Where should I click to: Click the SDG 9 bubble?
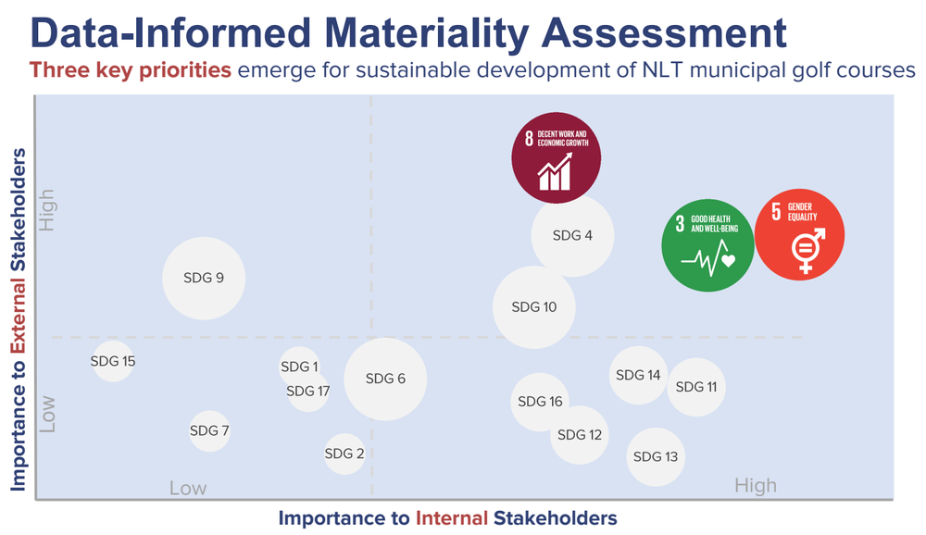[x=204, y=278]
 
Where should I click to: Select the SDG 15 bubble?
[x=113, y=361]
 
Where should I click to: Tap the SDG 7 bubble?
[x=209, y=430]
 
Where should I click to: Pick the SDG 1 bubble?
[x=300, y=367]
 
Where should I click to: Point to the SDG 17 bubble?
[x=308, y=392]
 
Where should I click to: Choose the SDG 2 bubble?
[x=344, y=454]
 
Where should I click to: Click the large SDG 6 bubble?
[x=386, y=379]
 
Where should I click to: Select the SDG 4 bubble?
[x=572, y=235]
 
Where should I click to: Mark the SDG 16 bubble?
[x=540, y=402]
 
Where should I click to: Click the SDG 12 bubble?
[x=580, y=434]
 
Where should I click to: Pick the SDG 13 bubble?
[x=656, y=456]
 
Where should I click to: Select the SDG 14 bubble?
[x=639, y=375]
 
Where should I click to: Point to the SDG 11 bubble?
[x=696, y=387]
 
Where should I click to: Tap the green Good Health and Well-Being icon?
[x=707, y=245]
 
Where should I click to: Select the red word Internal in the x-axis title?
[x=452, y=517]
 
